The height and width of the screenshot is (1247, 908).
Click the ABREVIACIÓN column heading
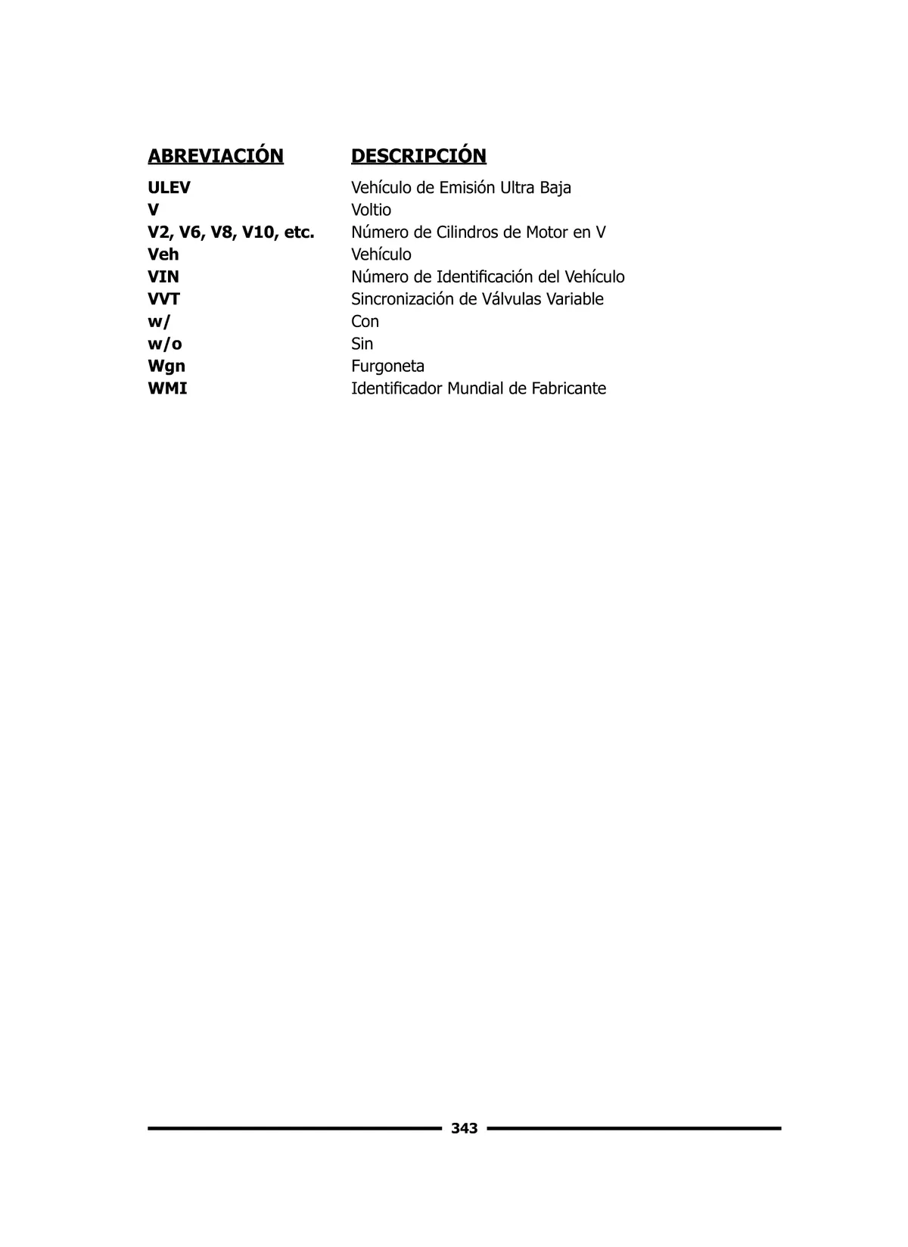pos(216,156)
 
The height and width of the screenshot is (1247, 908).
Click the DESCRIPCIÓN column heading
pos(418,156)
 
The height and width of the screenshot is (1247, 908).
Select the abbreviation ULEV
pos(169,188)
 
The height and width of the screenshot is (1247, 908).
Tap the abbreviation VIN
pos(163,277)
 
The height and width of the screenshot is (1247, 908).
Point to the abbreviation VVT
pos(163,299)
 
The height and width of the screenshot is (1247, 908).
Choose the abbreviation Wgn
pos(166,366)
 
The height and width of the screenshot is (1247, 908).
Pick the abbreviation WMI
pos(167,388)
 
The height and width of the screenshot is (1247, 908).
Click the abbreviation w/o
pos(165,344)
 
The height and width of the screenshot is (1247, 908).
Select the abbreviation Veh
pos(163,254)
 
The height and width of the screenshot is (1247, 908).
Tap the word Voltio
pos(371,210)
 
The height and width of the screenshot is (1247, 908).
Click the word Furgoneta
pos(387,366)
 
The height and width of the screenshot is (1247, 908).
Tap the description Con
pos(365,322)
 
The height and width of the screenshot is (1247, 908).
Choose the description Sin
pos(362,344)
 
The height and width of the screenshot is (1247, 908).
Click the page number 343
pos(464,1129)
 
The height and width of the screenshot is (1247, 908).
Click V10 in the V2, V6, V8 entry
pos(259,232)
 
